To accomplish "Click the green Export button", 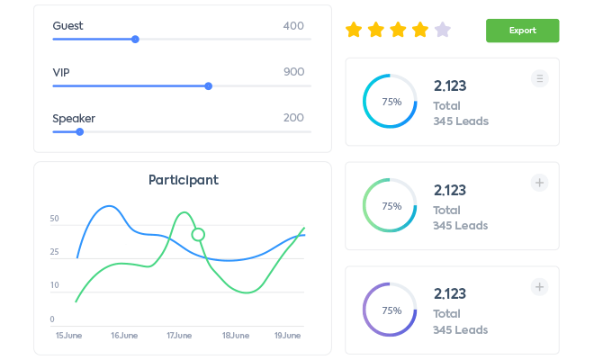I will pos(522,31).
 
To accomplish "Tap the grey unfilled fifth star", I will pos(442,31).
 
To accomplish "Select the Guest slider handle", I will pos(135,39).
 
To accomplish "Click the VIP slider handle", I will pos(209,86).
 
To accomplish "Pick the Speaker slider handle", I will pos(80,131).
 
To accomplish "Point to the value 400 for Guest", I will pos(293,26).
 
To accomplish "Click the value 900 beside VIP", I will pos(293,72).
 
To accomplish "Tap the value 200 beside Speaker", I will pos(293,118).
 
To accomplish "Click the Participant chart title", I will pos(184,180).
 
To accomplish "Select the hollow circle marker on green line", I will pos(198,235).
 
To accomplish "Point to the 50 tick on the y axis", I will pos(55,219).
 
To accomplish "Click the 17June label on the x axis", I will pos(180,336).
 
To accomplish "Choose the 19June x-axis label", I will pos(289,336).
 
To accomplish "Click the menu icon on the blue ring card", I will pos(539,78).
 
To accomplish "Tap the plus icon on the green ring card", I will pos(539,183).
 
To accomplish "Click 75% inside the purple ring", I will pos(391,310).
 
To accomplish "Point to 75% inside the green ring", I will pos(391,206).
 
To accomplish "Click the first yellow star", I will pos(354,31).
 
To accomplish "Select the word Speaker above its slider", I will pos(74,118).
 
